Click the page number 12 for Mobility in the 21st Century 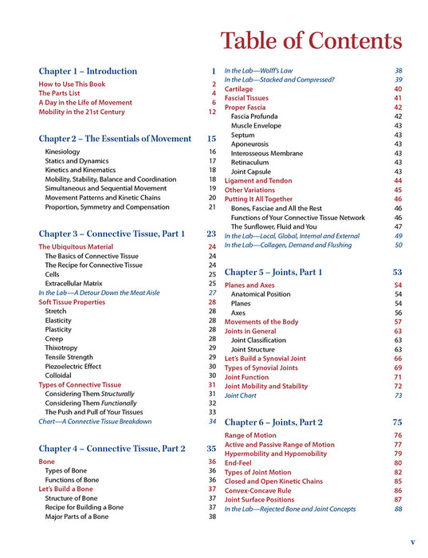[212, 112]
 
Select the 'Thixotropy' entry [62, 348]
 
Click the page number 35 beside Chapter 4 [211, 448]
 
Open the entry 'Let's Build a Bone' [69, 489]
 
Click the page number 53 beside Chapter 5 [397, 272]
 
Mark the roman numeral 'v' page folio [412, 541]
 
